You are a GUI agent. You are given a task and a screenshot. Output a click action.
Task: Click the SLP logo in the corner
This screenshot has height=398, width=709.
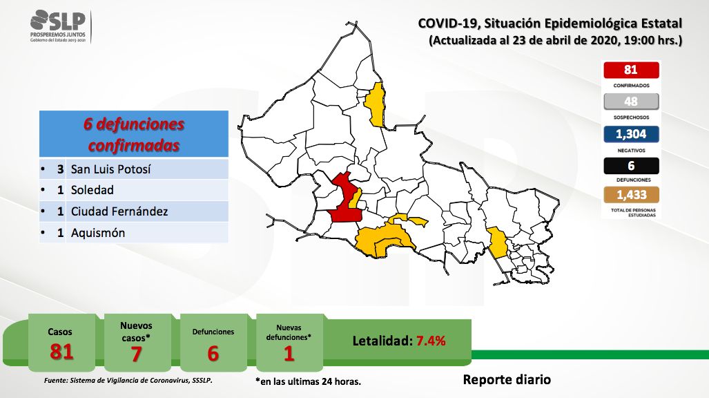coord(58,26)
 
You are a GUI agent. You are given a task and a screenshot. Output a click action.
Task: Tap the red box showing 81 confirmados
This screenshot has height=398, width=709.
coord(631,70)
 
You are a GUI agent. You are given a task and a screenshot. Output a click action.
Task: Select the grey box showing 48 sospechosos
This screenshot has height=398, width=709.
coord(631,102)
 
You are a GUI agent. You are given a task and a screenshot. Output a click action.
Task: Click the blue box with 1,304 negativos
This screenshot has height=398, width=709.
coord(631,134)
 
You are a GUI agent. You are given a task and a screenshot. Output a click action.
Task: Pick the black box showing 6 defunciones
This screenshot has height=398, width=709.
coord(631,166)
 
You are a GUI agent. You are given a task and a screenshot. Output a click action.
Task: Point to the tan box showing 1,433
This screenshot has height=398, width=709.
coord(631,195)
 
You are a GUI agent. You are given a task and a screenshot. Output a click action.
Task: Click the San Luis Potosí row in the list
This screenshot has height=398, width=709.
coord(134,169)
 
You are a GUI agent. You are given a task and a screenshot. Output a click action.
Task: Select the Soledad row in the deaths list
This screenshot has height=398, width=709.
coord(134,190)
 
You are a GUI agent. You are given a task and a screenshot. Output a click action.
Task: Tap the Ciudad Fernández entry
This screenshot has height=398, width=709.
coord(134,211)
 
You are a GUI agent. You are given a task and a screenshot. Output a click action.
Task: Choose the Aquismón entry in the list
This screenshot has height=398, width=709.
coord(134,233)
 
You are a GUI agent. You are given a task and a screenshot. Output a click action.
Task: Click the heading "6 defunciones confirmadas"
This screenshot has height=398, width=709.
coord(134,135)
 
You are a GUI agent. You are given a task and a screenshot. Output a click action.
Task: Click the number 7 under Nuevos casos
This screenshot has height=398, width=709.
coord(136,354)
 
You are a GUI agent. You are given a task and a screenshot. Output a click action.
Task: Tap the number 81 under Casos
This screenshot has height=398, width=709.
coord(61,352)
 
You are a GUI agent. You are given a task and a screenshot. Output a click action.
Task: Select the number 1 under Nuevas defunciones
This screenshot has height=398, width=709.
coord(289,354)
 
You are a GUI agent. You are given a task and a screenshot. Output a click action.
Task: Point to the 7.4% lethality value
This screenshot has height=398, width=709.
coord(431,341)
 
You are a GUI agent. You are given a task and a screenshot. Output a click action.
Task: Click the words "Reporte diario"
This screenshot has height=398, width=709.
coord(507,379)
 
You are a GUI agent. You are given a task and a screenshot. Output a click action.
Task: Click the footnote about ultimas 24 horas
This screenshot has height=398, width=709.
coord(309,381)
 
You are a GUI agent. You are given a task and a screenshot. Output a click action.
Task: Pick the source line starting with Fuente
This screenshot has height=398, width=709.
coord(128,380)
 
